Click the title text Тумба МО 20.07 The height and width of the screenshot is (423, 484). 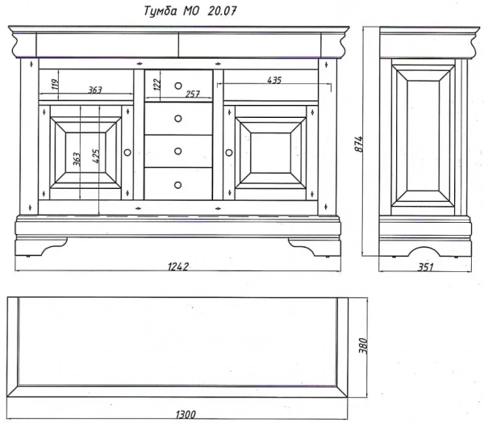[190, 11]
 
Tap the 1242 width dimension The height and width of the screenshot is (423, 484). [178, 266]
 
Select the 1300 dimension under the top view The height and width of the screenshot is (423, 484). [186, 414]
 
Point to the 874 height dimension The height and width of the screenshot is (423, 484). [359, 144]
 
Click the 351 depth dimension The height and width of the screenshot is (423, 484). [426, 267]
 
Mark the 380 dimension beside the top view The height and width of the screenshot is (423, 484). [363, 346]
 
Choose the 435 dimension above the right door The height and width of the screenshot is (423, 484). [274, 80]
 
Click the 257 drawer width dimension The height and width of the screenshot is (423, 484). [193, 94]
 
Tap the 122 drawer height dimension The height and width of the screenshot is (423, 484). [157, 85]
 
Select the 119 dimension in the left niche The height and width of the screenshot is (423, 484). [55, 84]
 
